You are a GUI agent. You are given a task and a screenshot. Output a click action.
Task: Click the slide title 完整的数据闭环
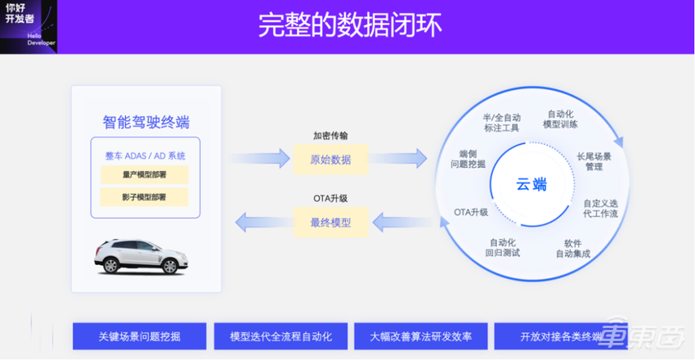tap(350, 25)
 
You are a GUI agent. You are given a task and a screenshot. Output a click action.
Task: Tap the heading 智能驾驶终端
tap(146, 122)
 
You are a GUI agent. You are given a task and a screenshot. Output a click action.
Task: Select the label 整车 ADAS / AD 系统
tap(145, 155)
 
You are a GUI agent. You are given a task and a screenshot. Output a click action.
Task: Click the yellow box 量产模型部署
tap(144, 174)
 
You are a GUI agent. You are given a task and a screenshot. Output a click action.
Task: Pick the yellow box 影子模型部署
tap(144, 197)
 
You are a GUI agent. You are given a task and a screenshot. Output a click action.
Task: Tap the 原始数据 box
tap(330, 159)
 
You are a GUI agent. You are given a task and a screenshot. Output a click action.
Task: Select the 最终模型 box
tap(330, 221)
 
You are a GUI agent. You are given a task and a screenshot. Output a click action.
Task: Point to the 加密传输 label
tap(330, 136)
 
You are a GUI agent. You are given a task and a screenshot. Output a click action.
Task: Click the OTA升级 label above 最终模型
tap(330, 198)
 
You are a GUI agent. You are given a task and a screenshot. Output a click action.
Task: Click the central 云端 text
tap(531, 184)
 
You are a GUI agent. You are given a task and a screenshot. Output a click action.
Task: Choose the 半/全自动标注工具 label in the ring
tap(501, 123)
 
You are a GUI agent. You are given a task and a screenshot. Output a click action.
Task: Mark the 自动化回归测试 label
tap(502, 247)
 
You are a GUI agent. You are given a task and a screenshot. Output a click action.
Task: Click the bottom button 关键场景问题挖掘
tap(139, 336)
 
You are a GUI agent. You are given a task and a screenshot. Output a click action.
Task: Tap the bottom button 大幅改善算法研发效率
tap(420, 336)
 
